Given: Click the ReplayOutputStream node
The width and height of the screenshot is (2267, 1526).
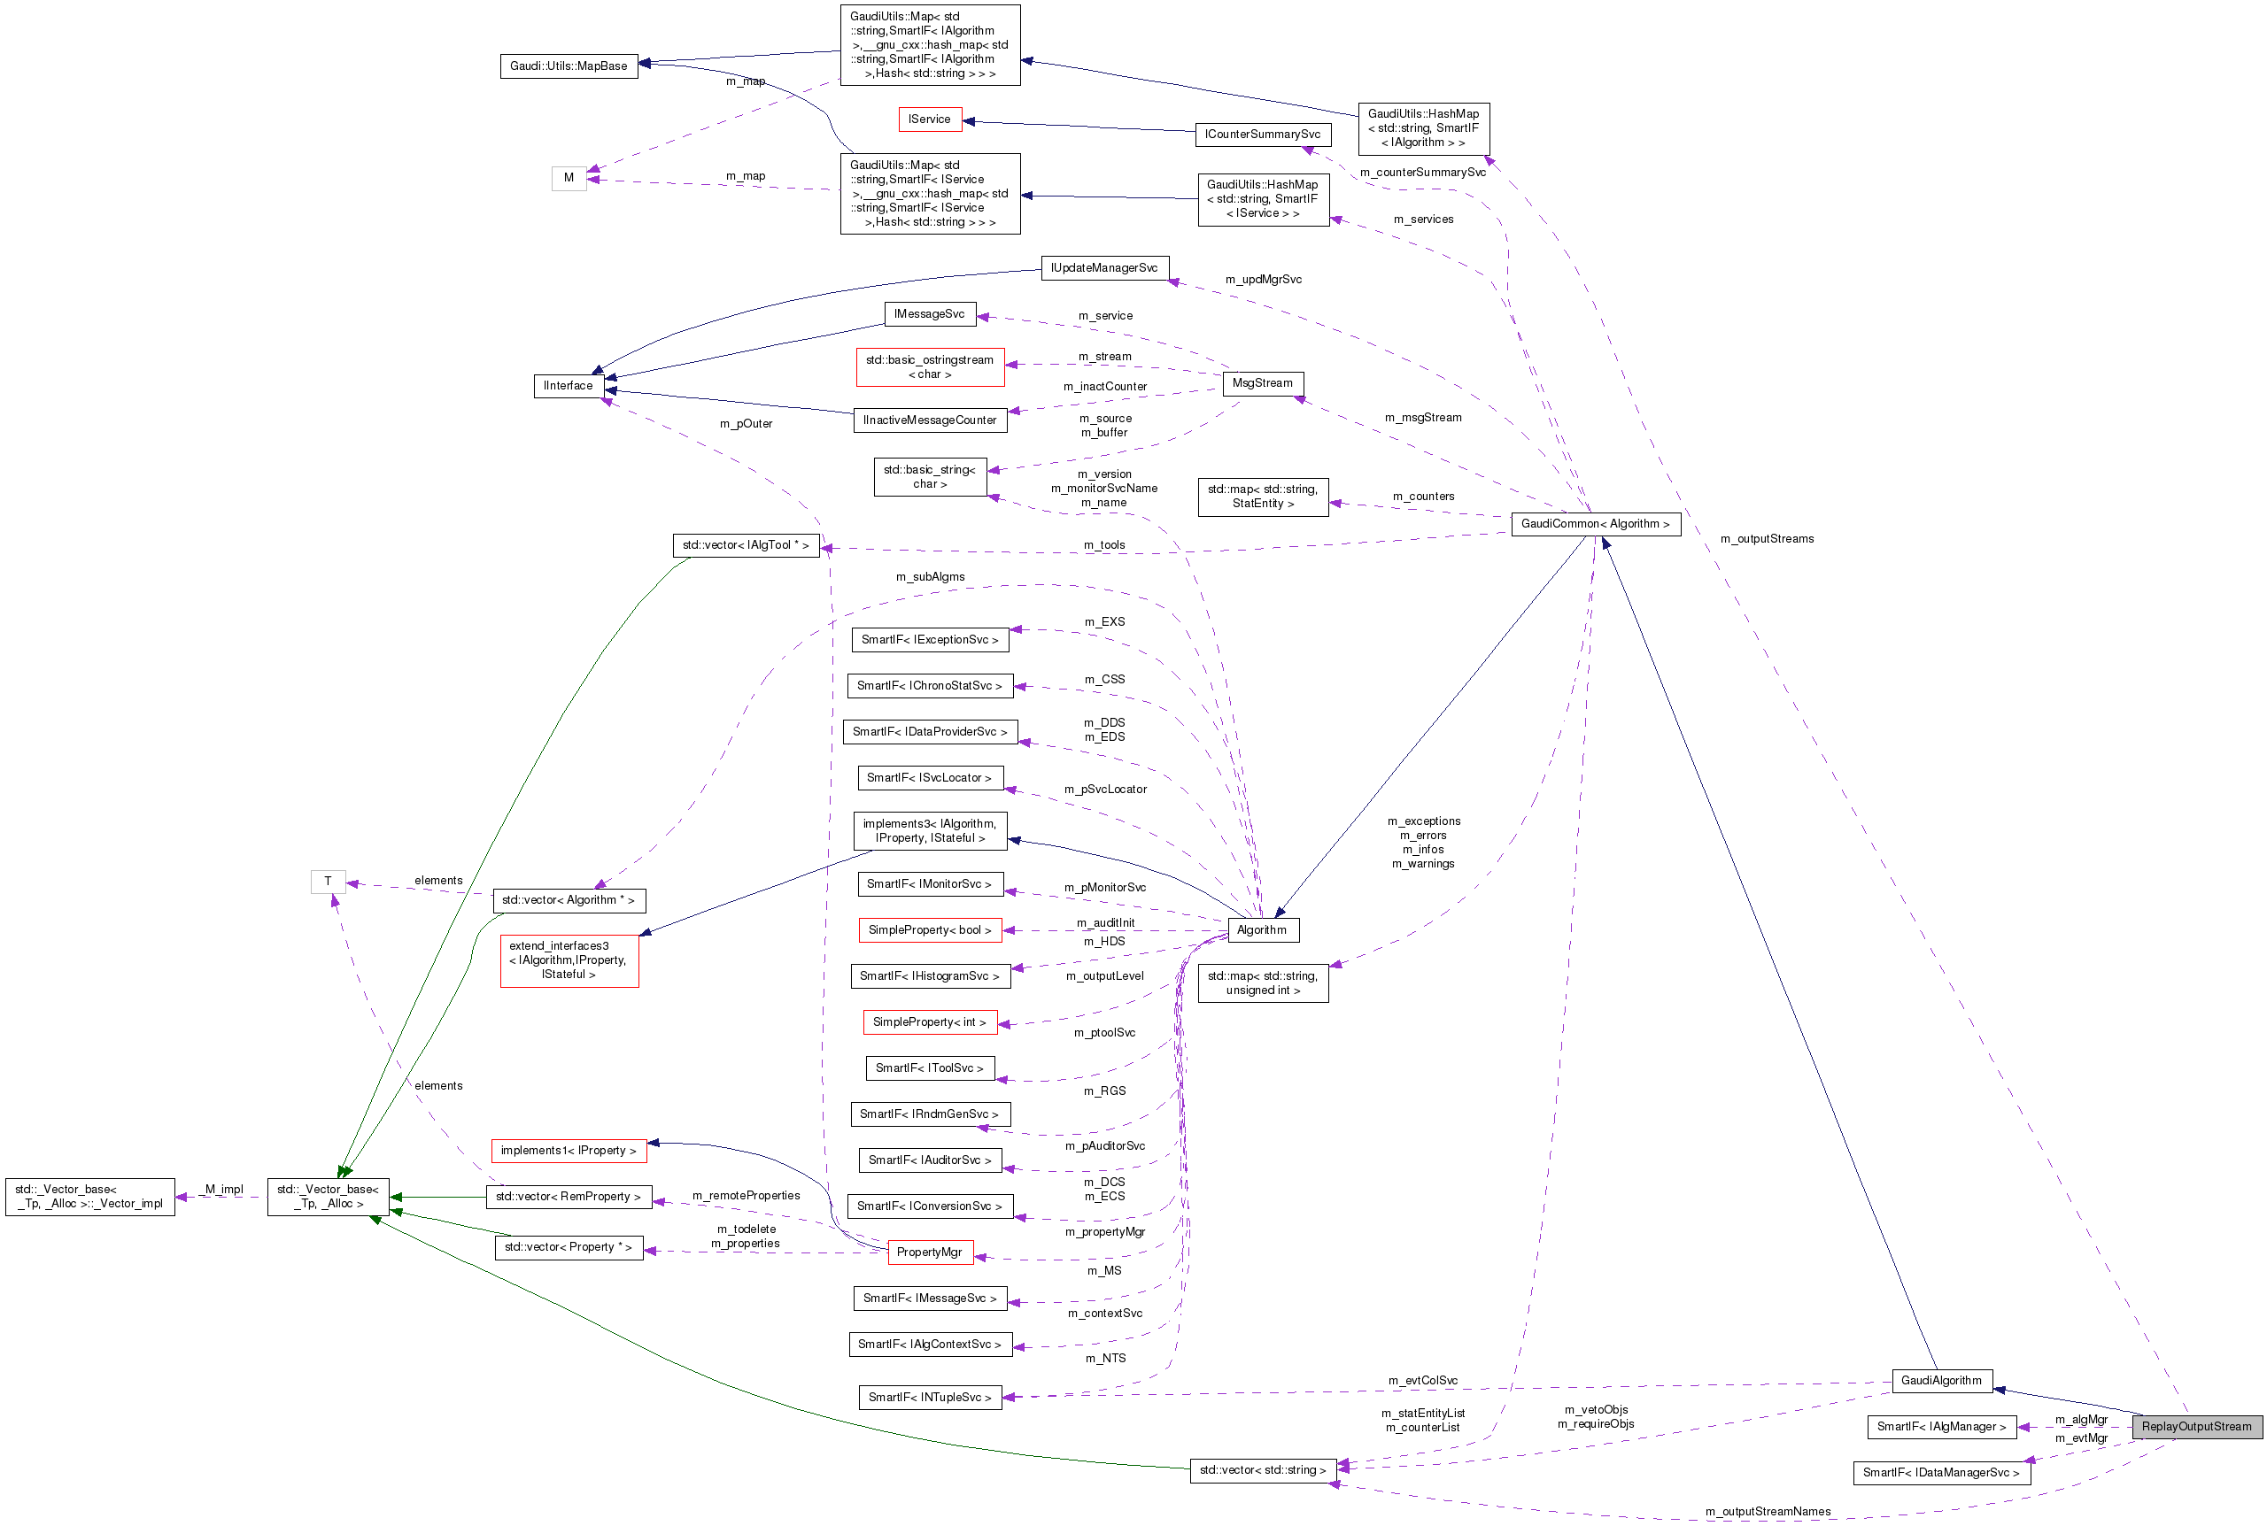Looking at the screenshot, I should coord(2196,1427).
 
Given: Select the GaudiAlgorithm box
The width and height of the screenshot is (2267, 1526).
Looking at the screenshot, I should coord(1941,1380).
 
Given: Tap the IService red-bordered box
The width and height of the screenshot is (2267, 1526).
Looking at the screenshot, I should coord(930,119).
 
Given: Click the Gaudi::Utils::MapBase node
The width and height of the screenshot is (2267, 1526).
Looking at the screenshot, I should coord(569,66).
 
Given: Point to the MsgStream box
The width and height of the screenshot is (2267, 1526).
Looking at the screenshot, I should coord(1263,383).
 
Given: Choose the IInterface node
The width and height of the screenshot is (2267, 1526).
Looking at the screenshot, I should coord(569,385).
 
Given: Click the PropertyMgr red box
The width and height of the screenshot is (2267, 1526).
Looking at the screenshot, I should coord(930,1252).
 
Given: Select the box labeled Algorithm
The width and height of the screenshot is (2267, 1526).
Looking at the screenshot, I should coord(1262,929).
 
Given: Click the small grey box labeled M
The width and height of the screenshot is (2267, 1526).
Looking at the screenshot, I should coord(569,178).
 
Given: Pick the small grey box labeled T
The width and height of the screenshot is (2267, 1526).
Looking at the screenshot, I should coord(328,881).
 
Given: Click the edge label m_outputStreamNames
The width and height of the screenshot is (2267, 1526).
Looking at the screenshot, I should coord(1768,1512).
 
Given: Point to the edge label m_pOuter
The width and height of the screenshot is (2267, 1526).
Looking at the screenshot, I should coord(746,424).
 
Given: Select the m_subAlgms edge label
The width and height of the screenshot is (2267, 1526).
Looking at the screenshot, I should coord(930,577).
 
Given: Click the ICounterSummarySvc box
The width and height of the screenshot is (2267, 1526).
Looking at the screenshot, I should coord(1263,135).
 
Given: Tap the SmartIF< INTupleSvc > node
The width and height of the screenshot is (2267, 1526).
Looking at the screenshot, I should coord(930,1397).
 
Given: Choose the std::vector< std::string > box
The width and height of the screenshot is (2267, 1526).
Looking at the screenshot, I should coord(1263,1469).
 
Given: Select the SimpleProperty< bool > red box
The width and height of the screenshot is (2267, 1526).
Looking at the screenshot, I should coord(930,929).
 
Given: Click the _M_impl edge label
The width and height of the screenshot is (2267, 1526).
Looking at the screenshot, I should coord(224,1190).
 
